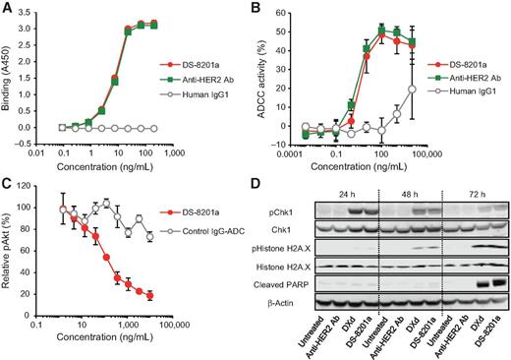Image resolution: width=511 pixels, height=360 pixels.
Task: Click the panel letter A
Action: (7, 9)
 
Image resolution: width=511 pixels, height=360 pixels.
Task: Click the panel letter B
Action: (263, 9)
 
